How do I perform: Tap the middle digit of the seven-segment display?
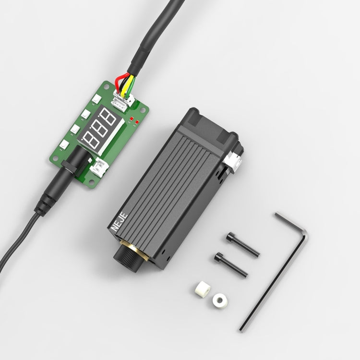(99, 129)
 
